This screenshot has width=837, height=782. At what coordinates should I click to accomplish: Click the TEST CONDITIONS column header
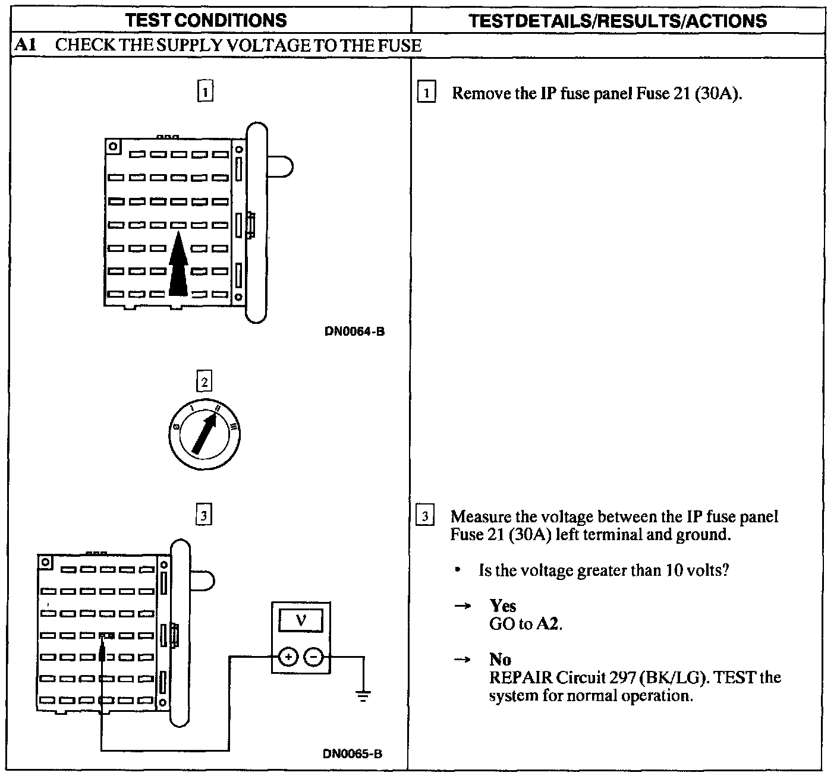tap(206, 20)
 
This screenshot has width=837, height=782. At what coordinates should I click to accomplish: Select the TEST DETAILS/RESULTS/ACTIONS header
tap(618, 21)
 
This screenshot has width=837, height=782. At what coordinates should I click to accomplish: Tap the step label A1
tap(24, 45)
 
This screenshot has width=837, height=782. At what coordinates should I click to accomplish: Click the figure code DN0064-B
tap(354, 332)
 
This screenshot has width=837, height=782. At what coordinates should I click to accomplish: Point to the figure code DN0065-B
tap(353, 754)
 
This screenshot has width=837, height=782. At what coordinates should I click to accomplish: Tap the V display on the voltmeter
tap(301, 621)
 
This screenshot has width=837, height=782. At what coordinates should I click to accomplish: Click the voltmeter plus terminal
tap(288, 657)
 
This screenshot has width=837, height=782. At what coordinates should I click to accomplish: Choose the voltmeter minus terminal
tap(314, 657)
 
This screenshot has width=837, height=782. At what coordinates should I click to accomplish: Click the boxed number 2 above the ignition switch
tap(204, 381)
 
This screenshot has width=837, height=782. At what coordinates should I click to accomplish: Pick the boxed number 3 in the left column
tap(204, 516)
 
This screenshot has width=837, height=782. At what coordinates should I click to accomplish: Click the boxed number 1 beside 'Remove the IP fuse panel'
tap(427, 93)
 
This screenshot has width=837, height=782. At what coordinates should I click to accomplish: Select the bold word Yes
tap(503, 606)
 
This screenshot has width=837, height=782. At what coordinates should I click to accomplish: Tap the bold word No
tap(500, 659)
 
